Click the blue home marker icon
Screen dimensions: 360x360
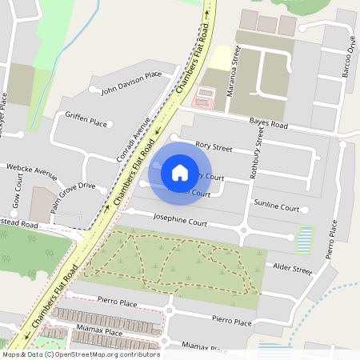click(x=180, y=172)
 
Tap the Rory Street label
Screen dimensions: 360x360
click(x=214, y=147)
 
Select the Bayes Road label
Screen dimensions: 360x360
click(x=268, y=125)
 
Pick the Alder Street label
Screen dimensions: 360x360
click(x=292, y=267)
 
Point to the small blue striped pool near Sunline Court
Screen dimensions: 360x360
click(x=305, y=238)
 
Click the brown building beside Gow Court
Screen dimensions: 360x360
click(x=42, y=203)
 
